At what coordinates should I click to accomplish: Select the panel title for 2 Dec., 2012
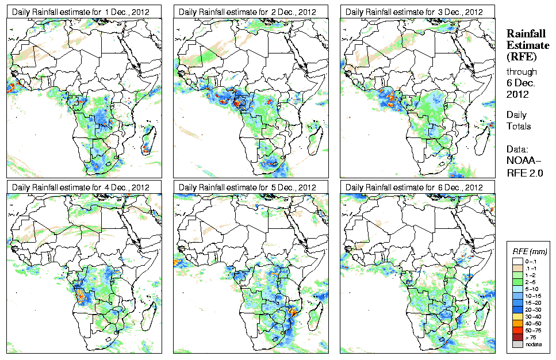pyautogui.click(x=248, y=12)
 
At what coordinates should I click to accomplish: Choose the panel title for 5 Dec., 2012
pyautogui.click(x=248, y=187)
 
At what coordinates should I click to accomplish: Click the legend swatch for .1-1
pyautogui.click(x=517, y=269)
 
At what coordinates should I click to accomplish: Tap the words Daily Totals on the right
pyautogui.click(x=519, y=121)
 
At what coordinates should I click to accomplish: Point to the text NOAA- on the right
pyautogui.click(x=523, y=162)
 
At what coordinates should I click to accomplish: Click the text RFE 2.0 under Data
pyautogui.click(x=524, y=172)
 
